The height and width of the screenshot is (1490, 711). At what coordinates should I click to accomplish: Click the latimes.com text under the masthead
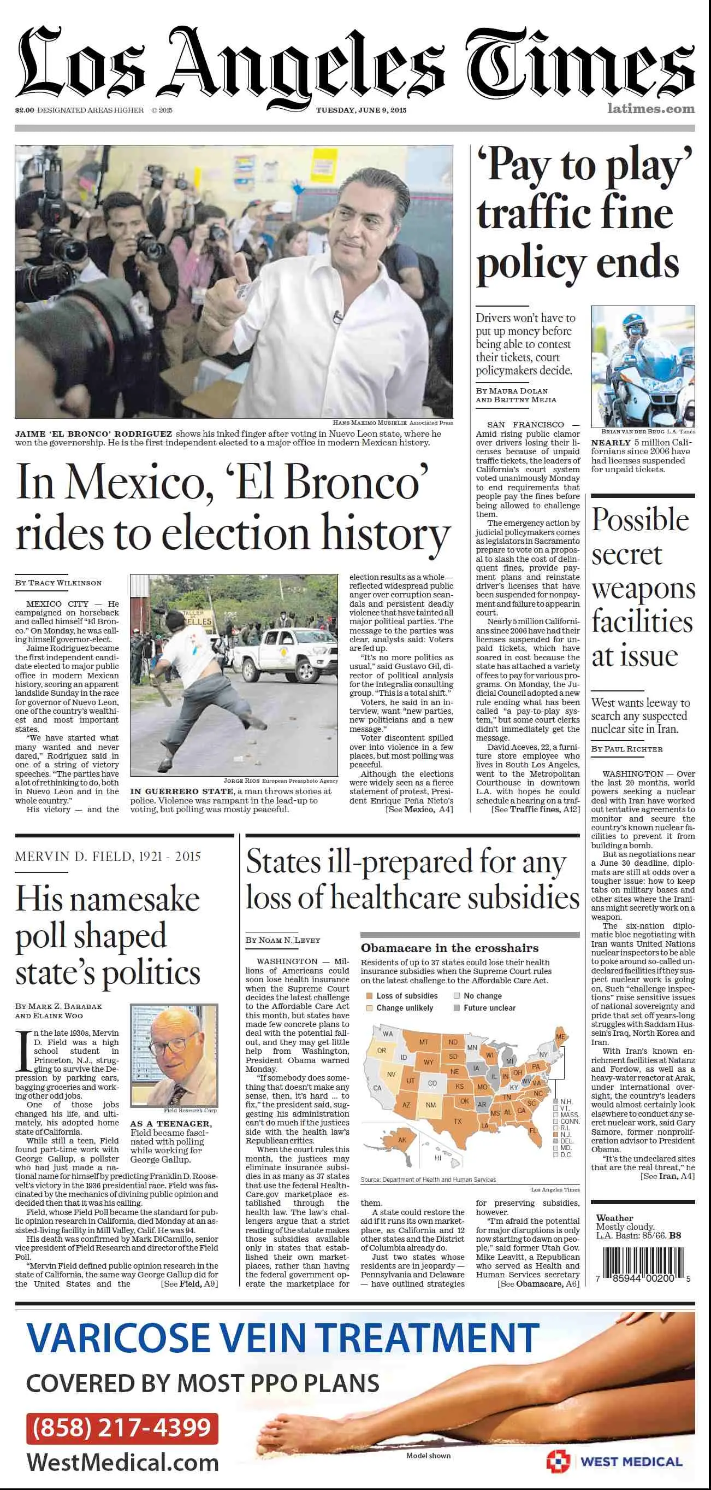click(x=651, y=108)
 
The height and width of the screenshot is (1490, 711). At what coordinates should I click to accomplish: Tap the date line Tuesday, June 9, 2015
click(x=361, y=110)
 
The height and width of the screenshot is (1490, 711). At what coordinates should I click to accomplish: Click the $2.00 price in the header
click(x=24, y=110)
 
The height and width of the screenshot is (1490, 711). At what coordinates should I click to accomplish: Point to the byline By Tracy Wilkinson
click(x=58, y=583)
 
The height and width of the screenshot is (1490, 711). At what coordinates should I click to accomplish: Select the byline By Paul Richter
click(x=626, y=748)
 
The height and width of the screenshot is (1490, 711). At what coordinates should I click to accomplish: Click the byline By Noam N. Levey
click(x=283, y=940)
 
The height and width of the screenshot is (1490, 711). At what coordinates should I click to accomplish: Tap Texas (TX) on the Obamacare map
click(x=458, y=1121)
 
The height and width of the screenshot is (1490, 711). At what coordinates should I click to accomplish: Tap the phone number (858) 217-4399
click(x=122, y=1427)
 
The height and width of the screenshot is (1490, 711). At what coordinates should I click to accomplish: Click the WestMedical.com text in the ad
click(x=122, y=1462)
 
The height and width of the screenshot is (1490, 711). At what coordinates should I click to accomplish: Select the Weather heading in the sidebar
click(x=614, y=1218)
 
